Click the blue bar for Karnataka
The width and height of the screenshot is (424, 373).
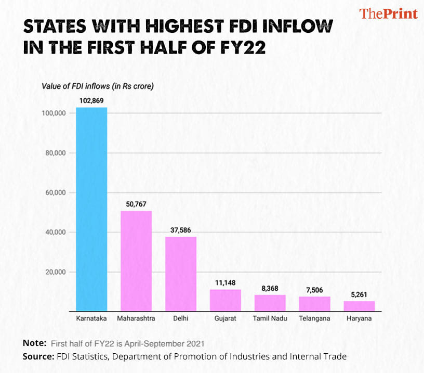91,208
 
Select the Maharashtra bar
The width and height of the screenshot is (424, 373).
136,260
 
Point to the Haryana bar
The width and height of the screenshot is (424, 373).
359,306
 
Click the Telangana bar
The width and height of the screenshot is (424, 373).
314,303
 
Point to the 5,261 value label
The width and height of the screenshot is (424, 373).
359,294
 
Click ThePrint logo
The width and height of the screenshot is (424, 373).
389,14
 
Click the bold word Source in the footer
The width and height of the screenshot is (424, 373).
36,356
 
